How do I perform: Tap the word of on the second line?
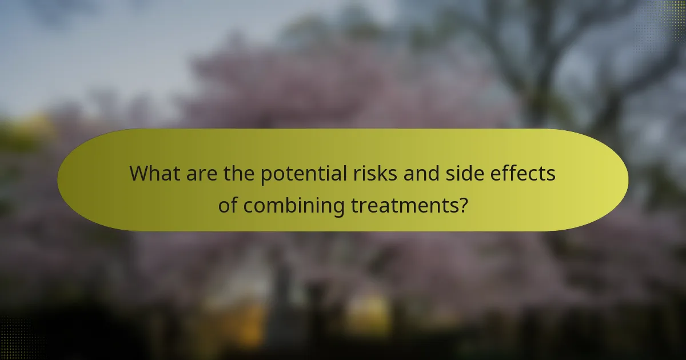point(229,205)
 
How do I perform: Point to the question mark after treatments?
point(462,205)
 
